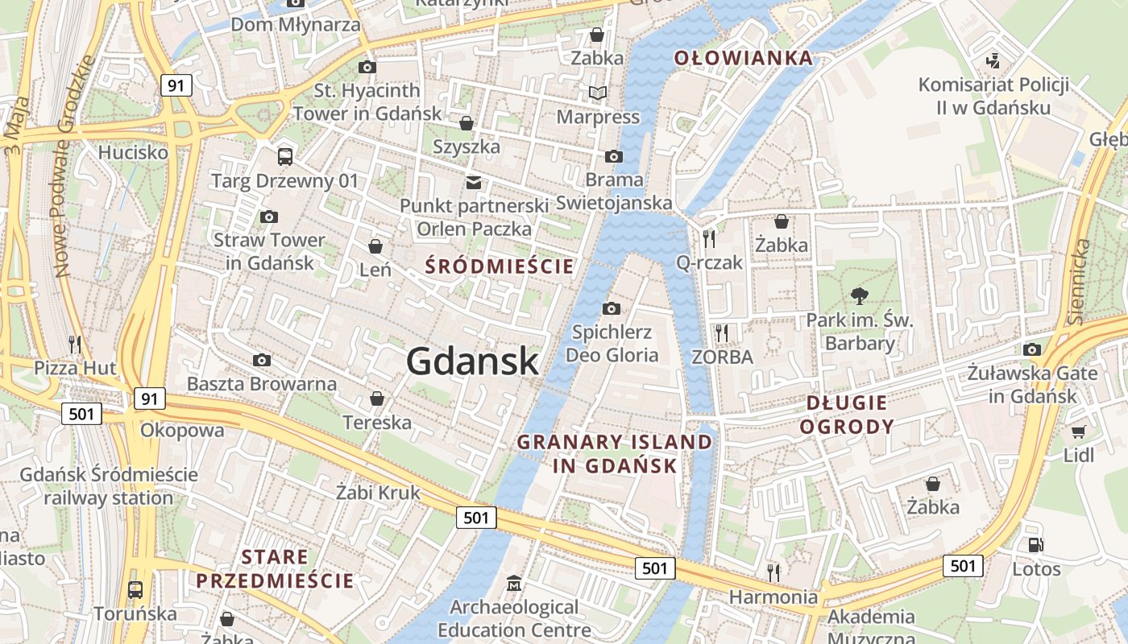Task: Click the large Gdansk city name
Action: pos(472,360)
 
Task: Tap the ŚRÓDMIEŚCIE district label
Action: pos(500,266)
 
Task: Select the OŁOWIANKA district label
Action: pos(743,58)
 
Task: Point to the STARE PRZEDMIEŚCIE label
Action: pos(275,568)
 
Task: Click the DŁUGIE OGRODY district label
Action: pos(846,415)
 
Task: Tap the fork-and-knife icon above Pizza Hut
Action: pos(75,345)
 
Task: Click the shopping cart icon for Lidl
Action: pos(1078,431)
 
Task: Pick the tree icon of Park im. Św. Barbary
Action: pos(860,296)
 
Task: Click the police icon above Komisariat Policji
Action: pos(993,60)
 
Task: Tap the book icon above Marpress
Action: pos(597,93)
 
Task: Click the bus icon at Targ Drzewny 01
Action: pos(284,156)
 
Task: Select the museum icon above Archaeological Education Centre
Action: pos(514,582)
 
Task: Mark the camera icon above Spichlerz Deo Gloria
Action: pos(612,308)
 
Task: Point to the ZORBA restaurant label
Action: pos(722,356)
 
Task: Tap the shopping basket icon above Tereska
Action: pos(376,398)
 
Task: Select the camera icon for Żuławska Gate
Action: pos(1032,349)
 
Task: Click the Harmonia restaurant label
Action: pos(773,597)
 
